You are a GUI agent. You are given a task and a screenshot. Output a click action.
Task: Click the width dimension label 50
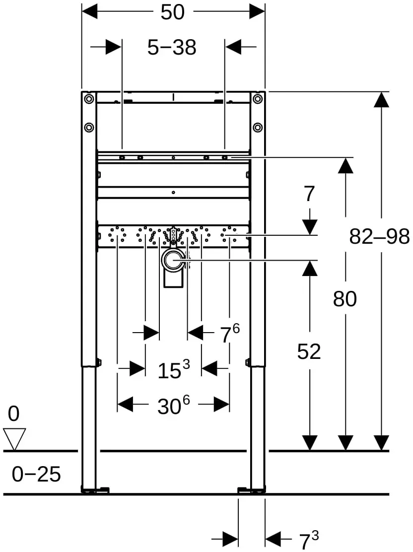click(x=173, y=12)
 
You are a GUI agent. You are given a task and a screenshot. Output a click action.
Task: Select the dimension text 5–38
click(x=172, y=47)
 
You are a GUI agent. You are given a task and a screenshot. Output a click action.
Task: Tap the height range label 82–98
click(x=379, y=236)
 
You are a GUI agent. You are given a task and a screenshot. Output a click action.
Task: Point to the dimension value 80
click(x=344, y=299)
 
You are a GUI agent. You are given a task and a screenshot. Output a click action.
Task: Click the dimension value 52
click(x=309, y=351)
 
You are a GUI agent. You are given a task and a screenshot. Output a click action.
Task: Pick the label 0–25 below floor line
click(x=36, y=474)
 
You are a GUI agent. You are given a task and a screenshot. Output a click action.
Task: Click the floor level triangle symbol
click(x=14, y=439)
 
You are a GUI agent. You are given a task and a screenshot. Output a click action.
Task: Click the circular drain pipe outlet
click(x=173, y=261)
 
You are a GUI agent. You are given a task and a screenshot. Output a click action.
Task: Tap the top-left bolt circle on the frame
click(x=89, y=99)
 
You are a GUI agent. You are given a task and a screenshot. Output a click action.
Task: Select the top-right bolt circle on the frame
click(x=258, y=99)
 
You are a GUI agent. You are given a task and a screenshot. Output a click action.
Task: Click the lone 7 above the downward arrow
click(x=309, y=194)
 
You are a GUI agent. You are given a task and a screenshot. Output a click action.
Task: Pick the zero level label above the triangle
click(x=14, y=414)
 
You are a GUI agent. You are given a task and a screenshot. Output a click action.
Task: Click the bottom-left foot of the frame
click(x=95, y=490)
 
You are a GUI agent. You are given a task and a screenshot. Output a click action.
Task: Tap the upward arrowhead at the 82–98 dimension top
click(x=381, y=99)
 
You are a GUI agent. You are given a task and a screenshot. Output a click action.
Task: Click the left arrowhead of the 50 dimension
click(x=89, y=11)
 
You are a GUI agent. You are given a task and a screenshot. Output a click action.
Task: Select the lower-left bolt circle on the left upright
click(x=89, y=127)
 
